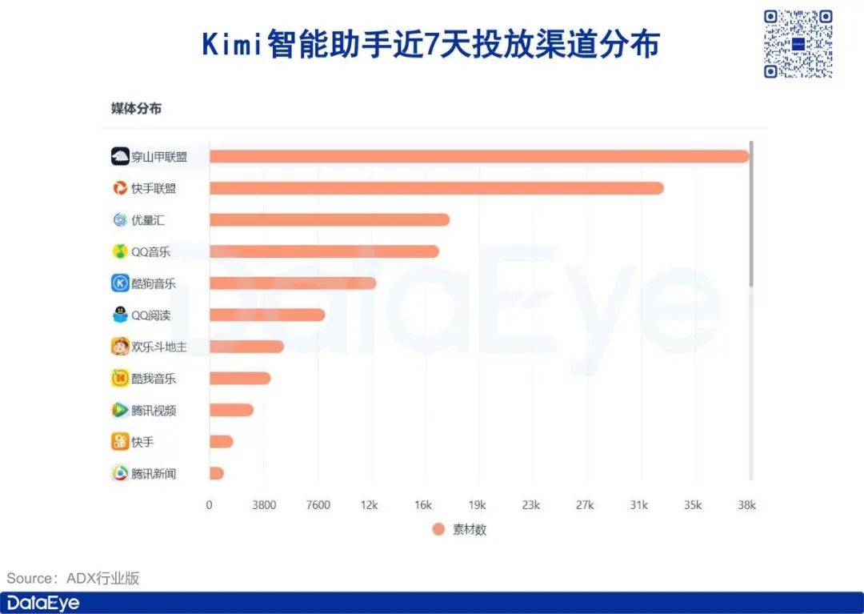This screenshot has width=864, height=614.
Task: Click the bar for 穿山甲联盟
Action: [478, 156]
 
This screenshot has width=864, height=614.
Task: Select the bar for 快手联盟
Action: [436, 188]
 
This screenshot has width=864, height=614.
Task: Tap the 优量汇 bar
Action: [329, 219]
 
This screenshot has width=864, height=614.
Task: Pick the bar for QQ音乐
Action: [324, 251]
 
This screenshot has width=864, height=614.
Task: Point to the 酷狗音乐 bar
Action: [292, 283]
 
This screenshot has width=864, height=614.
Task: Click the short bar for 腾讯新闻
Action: [216, 473]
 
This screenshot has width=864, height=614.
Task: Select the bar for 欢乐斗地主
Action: [246, 347]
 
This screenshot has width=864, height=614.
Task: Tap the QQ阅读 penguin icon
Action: [120, 315]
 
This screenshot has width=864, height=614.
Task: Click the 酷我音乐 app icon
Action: [120, 378]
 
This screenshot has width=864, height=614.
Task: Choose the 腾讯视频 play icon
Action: [120, 410]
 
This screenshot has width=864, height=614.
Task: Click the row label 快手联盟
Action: [154, 188]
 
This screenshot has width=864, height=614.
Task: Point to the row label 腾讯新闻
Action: [154, 473]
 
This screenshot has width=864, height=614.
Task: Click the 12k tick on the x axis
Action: [370, 505]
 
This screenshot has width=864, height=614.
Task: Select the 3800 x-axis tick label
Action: [263, 505]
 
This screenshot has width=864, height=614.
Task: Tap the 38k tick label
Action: [746, 505]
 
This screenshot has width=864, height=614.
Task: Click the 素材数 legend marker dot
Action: [438, 529]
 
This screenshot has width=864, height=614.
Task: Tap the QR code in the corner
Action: [798, 44]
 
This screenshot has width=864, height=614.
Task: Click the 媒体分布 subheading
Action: [136, 108]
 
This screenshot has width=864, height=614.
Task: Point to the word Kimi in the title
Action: [232, 45]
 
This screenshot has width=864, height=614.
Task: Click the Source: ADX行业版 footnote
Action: [74, 578]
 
